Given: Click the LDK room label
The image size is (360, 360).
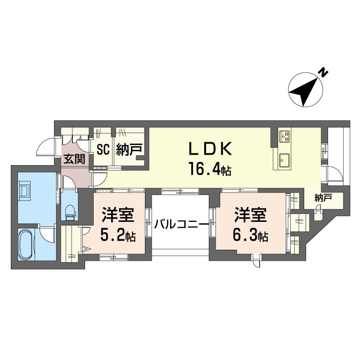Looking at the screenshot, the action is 210,148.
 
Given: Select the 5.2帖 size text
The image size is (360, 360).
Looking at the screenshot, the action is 118,235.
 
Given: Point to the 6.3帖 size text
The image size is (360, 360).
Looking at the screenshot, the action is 251,235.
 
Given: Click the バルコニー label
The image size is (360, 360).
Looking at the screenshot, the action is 181,224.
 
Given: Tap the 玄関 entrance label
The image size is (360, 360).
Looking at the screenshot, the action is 74,159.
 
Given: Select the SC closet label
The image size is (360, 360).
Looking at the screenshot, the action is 103,149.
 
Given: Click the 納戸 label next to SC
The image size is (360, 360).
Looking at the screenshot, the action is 129,149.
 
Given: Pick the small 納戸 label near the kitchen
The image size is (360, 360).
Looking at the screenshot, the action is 324,198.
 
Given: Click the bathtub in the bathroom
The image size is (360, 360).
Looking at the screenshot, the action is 27,244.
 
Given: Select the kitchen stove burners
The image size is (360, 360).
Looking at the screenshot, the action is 285,136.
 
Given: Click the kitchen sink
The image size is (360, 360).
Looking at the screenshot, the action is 284,160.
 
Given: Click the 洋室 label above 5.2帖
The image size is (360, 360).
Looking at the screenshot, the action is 118,215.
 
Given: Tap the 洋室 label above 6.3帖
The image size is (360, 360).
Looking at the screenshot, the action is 251,215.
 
